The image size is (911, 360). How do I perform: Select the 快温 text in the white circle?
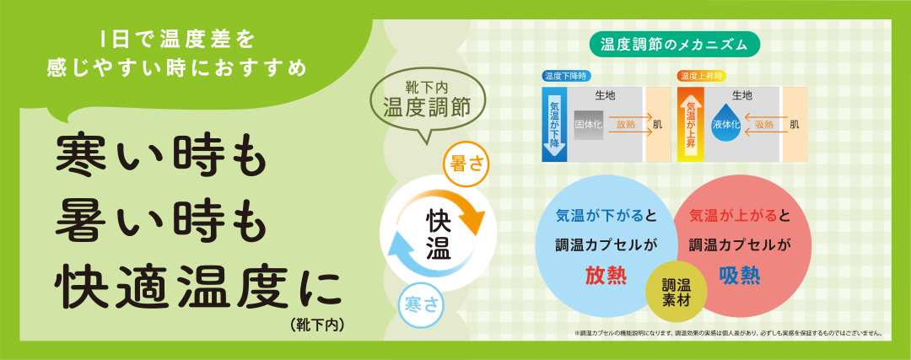[438, 234]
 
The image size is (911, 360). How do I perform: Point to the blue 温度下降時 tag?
[568, 76]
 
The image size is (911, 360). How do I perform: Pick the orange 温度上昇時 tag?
[702, 76]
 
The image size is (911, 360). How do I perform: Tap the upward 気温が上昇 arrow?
[690, 124]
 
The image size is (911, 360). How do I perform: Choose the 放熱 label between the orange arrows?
[625, 124]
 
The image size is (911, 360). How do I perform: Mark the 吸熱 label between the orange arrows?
[764, 124]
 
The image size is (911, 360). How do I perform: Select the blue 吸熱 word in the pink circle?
[740, 275]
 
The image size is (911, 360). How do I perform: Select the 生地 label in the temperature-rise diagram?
[742, 95]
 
